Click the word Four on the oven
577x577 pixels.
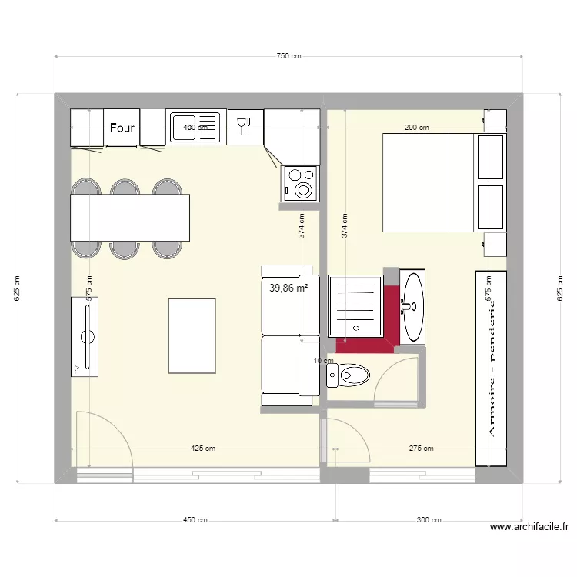click(122, 128)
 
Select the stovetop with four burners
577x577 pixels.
click(300, 184)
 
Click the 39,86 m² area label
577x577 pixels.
click(288, 288)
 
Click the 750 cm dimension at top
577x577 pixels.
click(288, 56)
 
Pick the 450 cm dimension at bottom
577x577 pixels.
click(195, 520)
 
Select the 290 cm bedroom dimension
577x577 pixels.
click(416, 128)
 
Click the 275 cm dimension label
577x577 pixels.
click(422, 449)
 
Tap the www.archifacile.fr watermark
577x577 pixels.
click(529, 528)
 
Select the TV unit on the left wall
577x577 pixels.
click(85, 336)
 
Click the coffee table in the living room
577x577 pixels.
click(192, 335)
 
